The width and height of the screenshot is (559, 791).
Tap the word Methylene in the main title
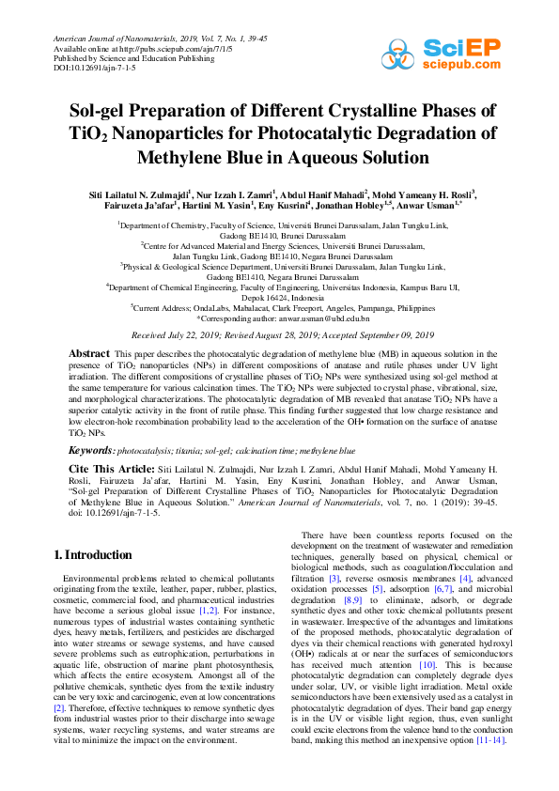184,157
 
